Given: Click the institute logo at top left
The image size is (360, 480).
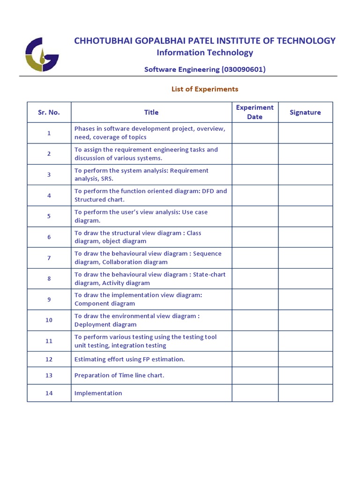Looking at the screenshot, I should click(42, 54).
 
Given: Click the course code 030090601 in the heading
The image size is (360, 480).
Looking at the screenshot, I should click(244, 69).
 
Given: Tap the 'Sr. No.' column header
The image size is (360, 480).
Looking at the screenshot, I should click(49, 112).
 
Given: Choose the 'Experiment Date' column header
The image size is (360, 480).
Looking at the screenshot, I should click(255, 112).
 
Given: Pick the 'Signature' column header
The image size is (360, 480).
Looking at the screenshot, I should click(305, 112).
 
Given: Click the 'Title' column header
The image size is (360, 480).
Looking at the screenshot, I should click(151, 112).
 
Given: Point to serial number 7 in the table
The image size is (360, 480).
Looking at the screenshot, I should click(49, 258).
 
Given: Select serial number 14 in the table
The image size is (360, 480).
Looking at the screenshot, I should click(49, 393).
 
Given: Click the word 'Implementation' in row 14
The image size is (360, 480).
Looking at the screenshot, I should click(98, 393).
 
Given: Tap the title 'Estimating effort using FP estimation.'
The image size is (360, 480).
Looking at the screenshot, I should click(130, 360).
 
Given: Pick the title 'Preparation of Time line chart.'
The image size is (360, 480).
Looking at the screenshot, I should click(120, 375).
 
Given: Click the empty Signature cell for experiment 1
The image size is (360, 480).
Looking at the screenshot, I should click(305, 133).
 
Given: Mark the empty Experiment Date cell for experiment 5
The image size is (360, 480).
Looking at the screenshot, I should click(255, 216).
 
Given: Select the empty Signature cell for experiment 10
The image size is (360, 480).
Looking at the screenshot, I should click(305, 320).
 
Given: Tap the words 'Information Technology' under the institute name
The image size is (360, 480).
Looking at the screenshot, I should click(205, 52).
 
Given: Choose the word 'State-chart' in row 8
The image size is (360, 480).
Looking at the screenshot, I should click(209, 275).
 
